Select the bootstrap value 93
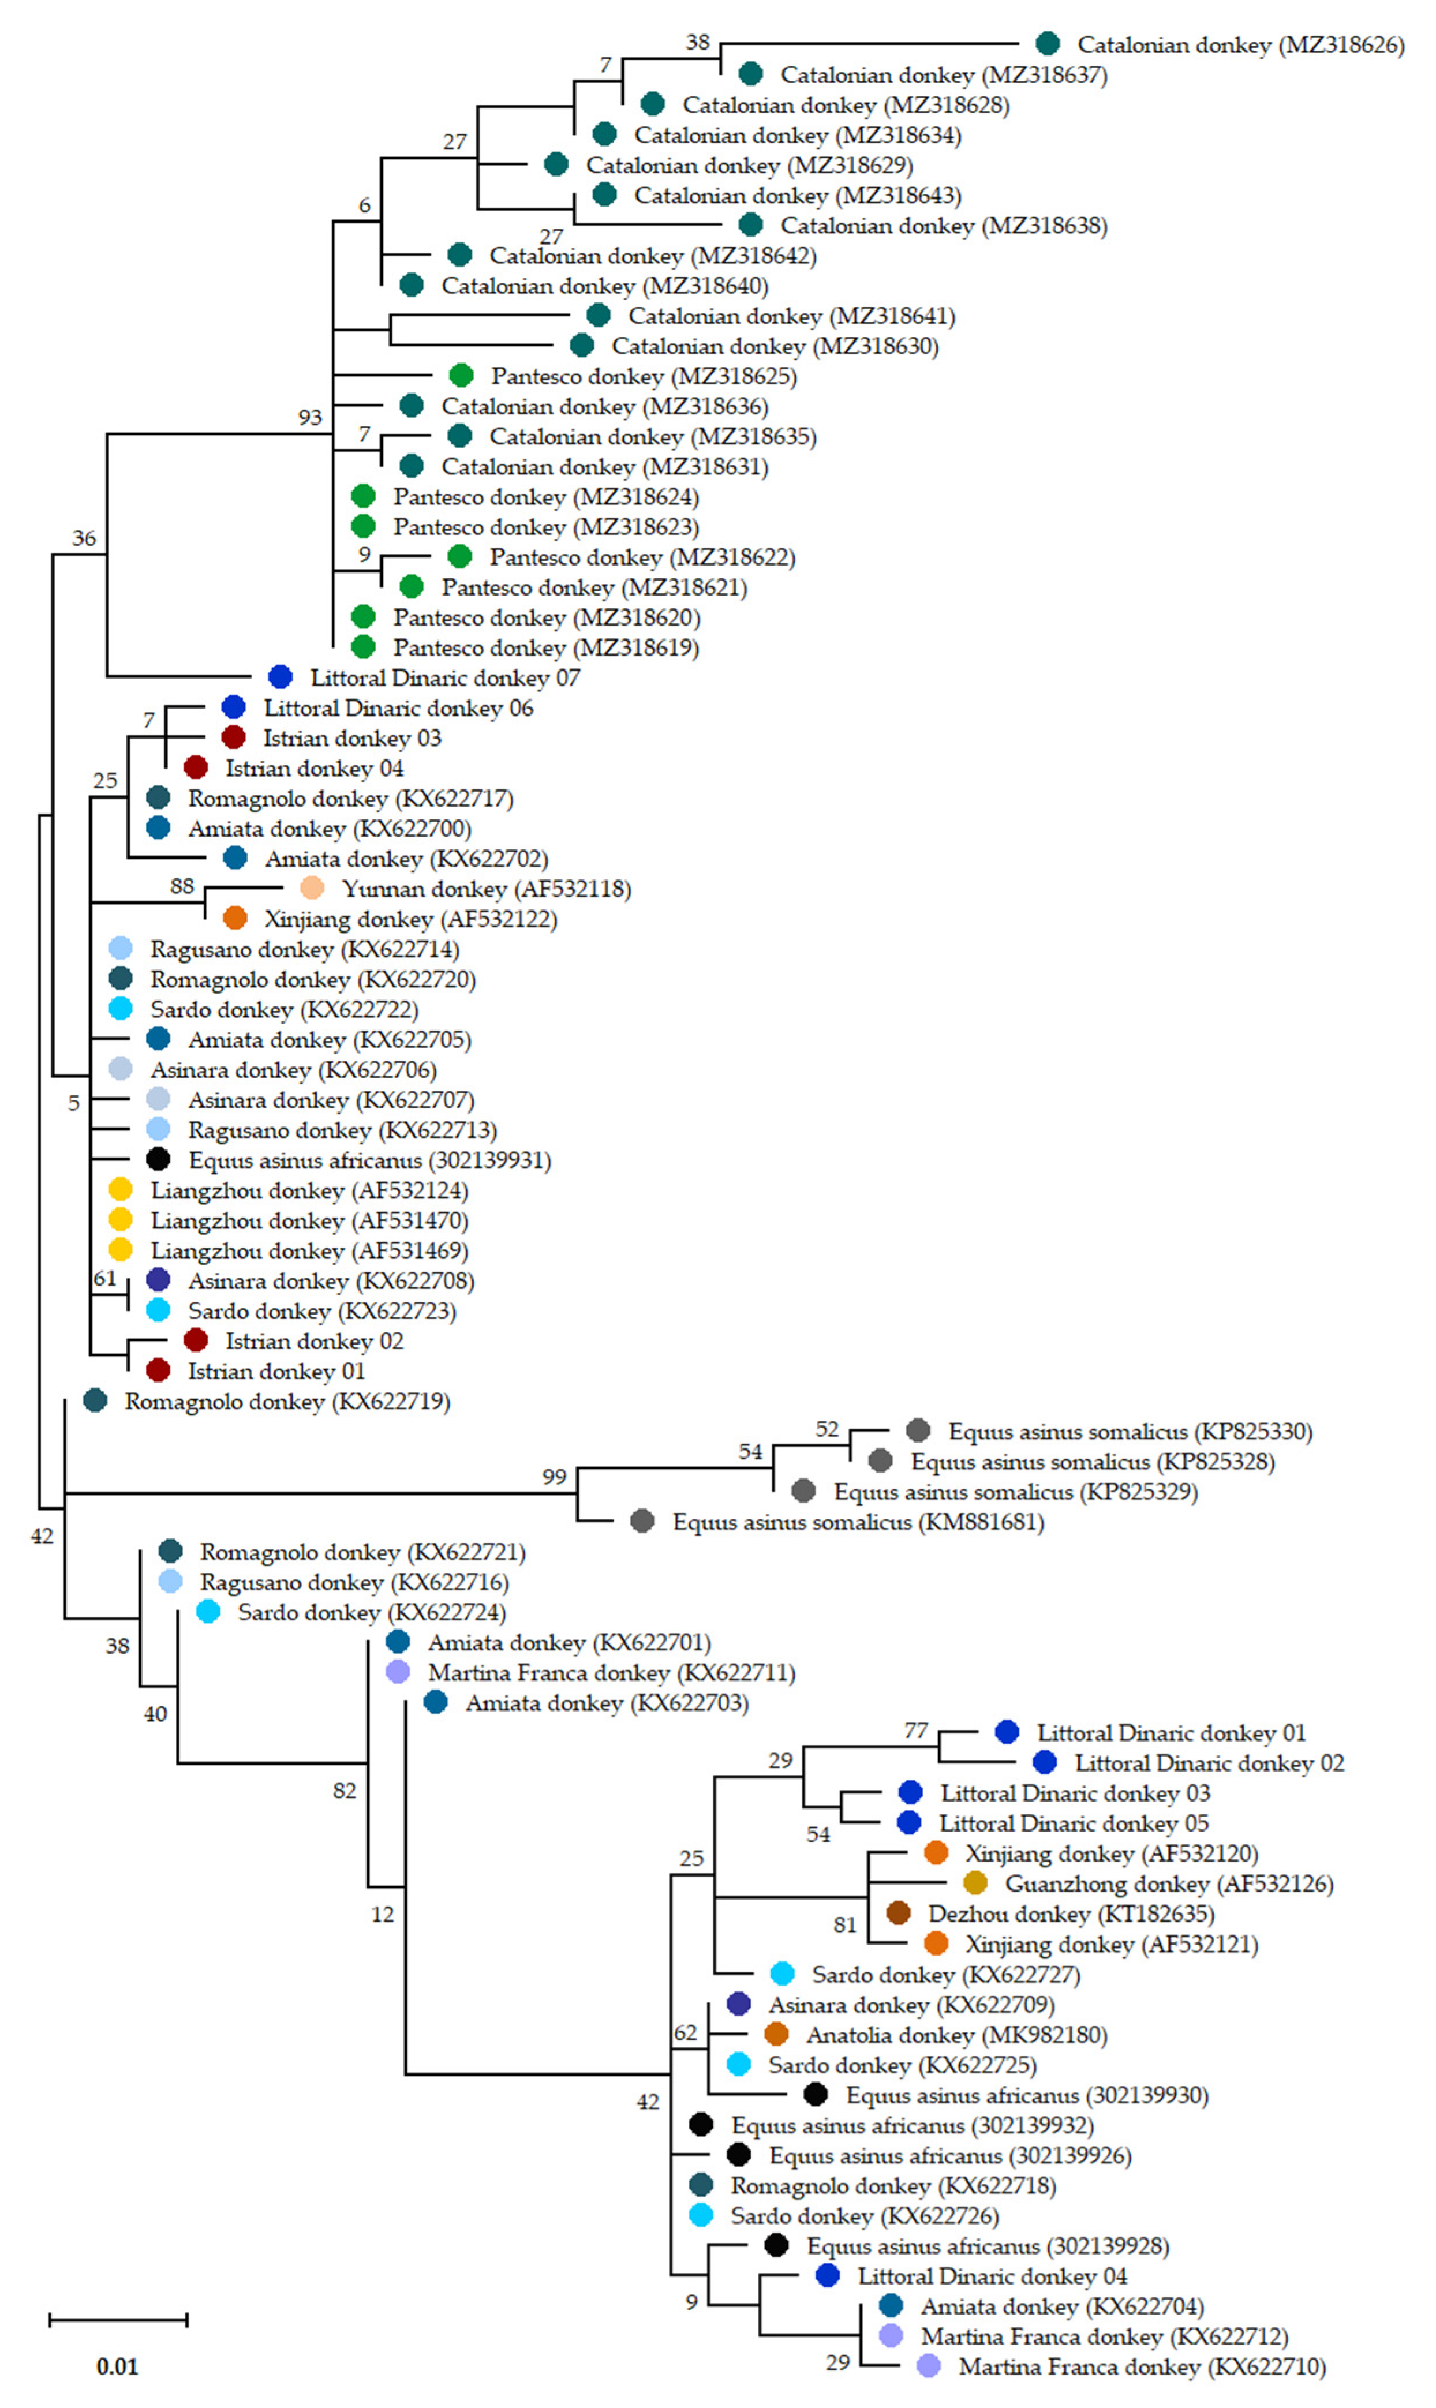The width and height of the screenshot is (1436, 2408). tap(309, 417)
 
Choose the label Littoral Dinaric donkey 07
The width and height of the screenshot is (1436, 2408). tap(445, 678)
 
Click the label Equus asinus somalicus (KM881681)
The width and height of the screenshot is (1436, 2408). tap(858, 1523)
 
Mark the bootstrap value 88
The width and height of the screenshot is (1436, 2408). tap(182, 886)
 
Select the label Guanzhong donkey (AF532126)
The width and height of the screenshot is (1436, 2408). tap(1169, 1883)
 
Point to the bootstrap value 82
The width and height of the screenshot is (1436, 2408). tap(345, 1791)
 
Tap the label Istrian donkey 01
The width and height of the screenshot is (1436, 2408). tap(276, 1371)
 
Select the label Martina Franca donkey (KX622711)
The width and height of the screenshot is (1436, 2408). tap(612, 1673)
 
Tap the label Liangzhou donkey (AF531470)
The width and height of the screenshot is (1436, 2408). tap(309, 1221)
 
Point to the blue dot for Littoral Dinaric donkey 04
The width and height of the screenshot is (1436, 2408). tap(827, 2275)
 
